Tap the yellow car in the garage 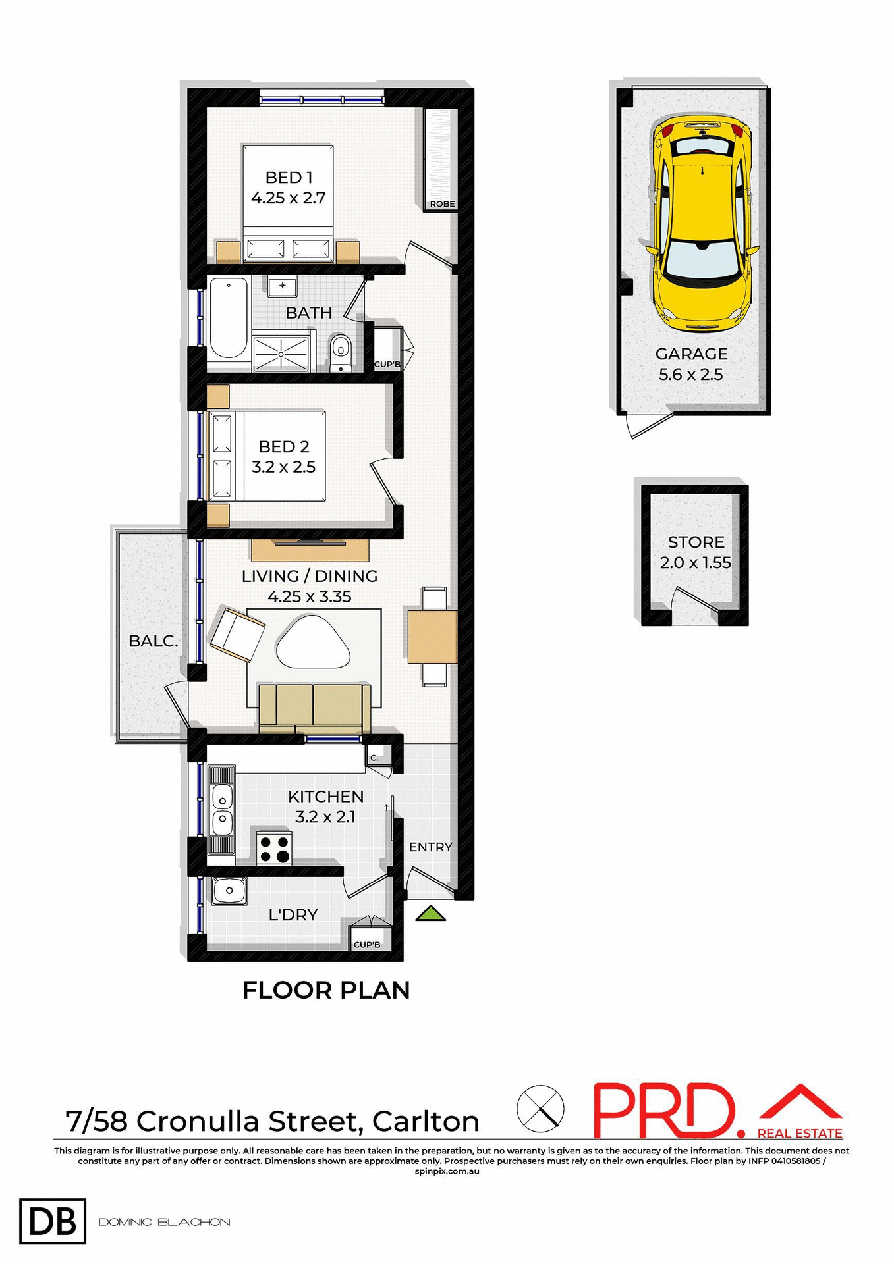pyautogui.click(x=702, y=224)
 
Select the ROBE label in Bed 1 pyautogui.click(x=442, y=204)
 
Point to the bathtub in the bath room pyautogui.click(x=228, y=317)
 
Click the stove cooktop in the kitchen pyautogui.click(x=274, y=848)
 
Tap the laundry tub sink pyautogui.click(x=229, y=891)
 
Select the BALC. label pyautogui.click(x=153, y=641)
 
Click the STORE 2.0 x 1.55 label pyautogui.click(x=696, y=552)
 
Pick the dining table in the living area pyautogui.click(x=432, y=637)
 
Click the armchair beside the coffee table pyautogui.click(x=237, y=635)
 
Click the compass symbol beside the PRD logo pyautogui.click(x=540, y=1109)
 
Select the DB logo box pyautogui.click(x=53, y=1222)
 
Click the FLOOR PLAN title pyautogui.click(x=326, y=990)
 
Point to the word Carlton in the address pyautogui.click(x=426, y=1121)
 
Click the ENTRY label pyautogui.click(x=430, y=847)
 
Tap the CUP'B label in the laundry pyautogui.click(x=367, y=945)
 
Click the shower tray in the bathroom pyautogui.click(x=281, y=354)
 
